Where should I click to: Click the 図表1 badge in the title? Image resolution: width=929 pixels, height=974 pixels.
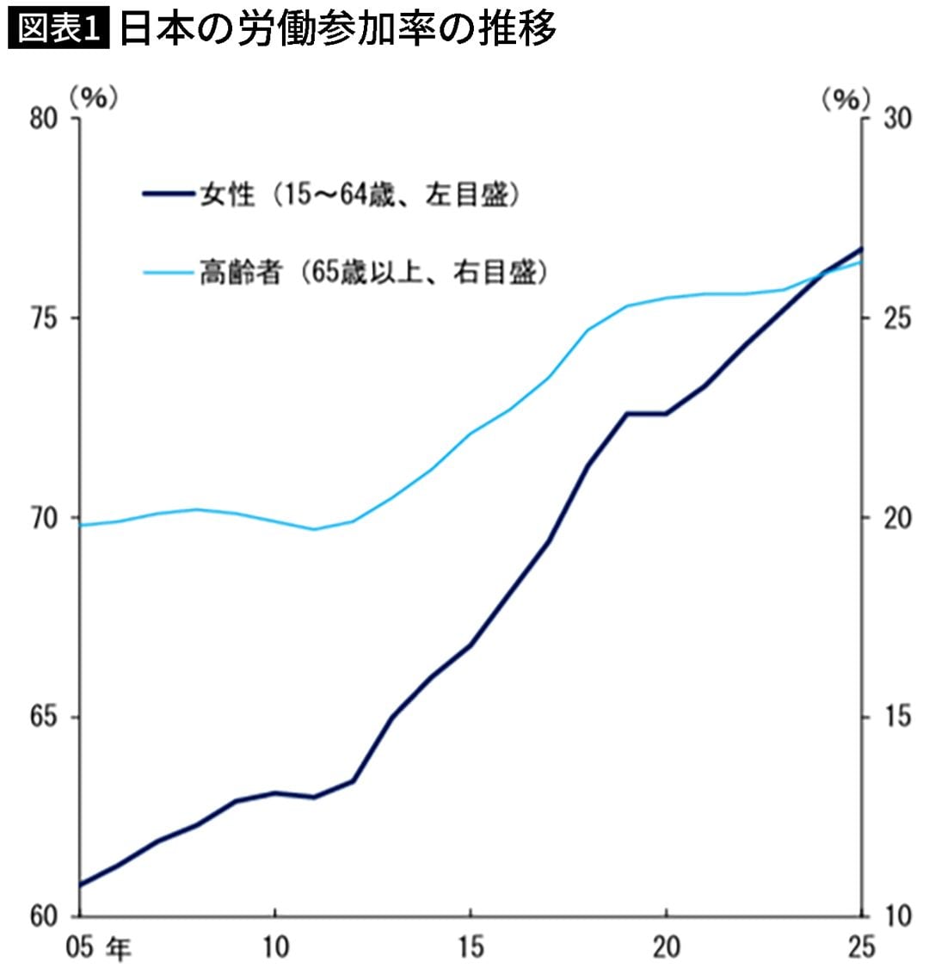click(x=58, y=29)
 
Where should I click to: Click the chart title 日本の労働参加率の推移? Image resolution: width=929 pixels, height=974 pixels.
click(x=337, y=29)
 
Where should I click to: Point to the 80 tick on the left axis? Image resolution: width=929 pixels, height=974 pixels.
click(x=43, y=119)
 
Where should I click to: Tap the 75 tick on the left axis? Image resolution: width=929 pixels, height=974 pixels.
click(x=43, y=318)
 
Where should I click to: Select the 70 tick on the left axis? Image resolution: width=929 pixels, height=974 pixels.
click(x=43, y=518)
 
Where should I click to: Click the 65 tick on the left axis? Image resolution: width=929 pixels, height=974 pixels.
click(x=43, y=718)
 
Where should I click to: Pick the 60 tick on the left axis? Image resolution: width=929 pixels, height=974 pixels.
click(x=43, y=916)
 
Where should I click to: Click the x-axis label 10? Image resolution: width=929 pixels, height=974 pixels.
click(x=274, y=948)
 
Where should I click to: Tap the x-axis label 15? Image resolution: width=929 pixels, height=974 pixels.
click(x=470, y=948)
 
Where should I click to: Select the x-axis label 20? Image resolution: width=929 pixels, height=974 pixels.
click(x=666, y=948)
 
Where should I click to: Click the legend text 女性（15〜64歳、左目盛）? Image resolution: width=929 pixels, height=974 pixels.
click(x=360, y=195)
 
